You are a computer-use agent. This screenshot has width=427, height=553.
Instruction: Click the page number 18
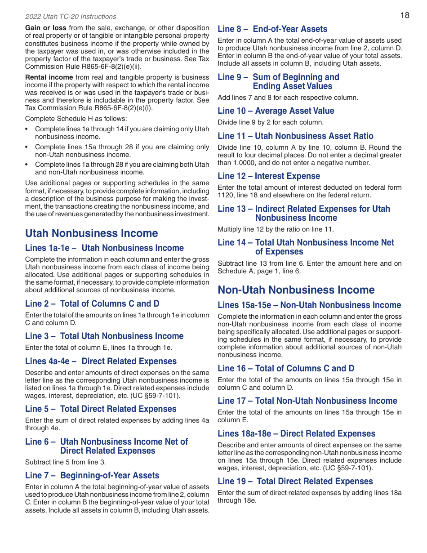pos(405,15)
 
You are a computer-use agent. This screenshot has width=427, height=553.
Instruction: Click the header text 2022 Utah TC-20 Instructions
pos(71,17)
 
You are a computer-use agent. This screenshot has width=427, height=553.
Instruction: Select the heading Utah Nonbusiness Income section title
pos(92,233)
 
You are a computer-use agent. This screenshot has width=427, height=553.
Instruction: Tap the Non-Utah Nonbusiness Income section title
pos(296,290)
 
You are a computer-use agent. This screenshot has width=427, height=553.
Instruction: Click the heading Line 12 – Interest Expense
pos(269,176)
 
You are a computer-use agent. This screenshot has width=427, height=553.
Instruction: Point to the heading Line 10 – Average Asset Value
pos(276,111)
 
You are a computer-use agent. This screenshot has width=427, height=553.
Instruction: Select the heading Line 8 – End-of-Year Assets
pos(272,29)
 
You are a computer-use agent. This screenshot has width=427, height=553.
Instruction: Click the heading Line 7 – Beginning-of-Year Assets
pos(92,476)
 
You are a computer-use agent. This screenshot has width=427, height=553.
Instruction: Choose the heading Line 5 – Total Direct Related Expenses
pos(101,409)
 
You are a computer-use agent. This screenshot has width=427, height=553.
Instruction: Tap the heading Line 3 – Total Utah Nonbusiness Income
pos(104,336)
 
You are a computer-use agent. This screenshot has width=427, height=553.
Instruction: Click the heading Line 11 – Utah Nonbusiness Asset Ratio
pos(295,136)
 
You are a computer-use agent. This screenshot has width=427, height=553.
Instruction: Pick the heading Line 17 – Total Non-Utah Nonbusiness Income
pos(307,401)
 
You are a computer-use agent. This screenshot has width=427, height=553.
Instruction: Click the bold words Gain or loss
pos(46,28)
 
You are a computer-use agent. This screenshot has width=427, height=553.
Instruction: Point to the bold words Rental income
pos(49,77)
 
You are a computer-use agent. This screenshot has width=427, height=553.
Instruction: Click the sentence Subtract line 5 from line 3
pos(66,462)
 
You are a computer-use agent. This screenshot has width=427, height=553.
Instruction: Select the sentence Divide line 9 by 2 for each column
pos(271,122)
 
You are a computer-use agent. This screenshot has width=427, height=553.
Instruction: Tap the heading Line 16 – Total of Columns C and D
pos(286,369)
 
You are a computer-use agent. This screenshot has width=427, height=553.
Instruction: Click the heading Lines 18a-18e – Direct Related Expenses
pos(296,434)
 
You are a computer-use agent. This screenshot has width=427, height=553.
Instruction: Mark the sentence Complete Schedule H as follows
pos(76,119)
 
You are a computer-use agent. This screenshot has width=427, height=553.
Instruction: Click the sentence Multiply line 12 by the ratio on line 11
pos(276,229)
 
